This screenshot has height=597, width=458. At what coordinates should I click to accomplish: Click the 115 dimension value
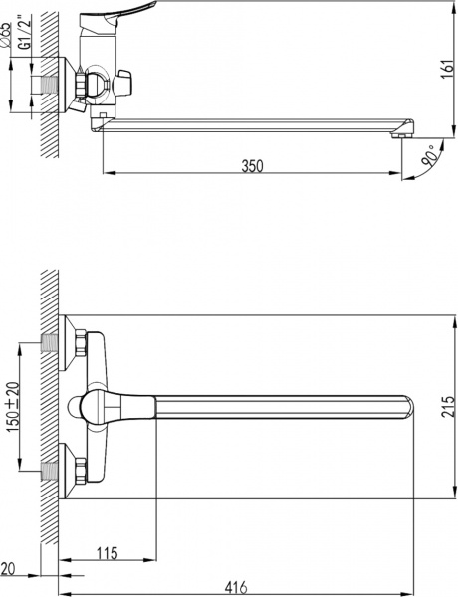point(109,553)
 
